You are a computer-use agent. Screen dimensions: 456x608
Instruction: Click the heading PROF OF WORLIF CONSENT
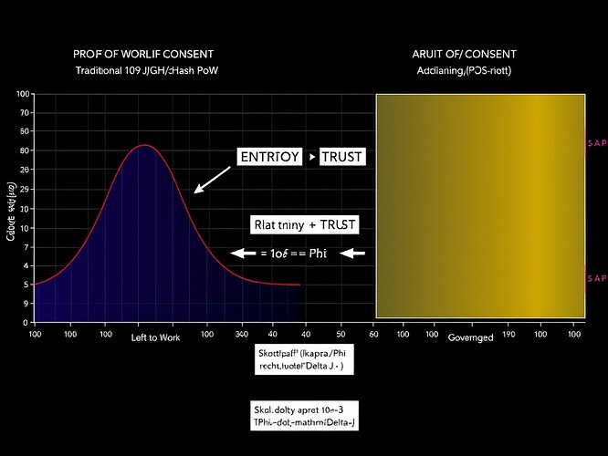(151, 53)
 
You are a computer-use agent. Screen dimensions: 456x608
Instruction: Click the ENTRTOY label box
(268, 157)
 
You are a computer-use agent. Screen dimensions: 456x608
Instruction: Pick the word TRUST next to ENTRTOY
(341, 157)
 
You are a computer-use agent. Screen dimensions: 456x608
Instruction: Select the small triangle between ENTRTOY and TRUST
(312, 158)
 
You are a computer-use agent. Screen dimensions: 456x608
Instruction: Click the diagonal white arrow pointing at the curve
(212, 180)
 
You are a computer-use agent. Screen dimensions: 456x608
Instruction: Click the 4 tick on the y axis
(25, 265)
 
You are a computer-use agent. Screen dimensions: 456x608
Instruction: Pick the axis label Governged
(471, 338)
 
